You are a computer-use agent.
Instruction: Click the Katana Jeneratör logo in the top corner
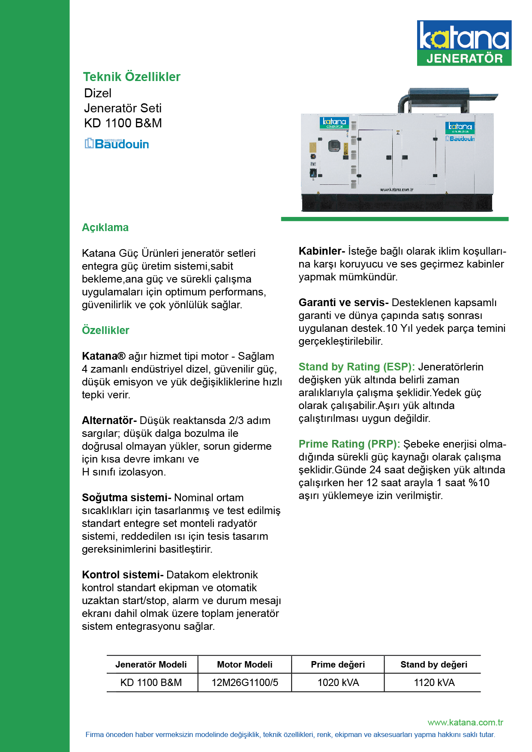coord(464,43)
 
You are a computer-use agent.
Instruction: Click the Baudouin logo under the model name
coord(117,144)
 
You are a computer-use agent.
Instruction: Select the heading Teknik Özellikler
coord(132,77)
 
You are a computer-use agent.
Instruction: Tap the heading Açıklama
coord(105,228)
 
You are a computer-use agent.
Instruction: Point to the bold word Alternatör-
coord(109,421)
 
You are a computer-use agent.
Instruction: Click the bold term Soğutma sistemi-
coord(126,498)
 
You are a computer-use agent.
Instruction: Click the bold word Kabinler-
coord(322,251)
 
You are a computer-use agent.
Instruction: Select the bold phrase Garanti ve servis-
coord(343,303)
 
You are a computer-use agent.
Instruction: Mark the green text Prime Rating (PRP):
coord(349,444)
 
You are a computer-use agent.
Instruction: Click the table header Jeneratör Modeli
coord(151,665)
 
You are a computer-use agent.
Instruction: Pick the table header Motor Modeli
coord(244,665)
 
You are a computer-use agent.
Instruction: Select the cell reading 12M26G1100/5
coord(244,683)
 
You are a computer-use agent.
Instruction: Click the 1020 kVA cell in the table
coord(338,683)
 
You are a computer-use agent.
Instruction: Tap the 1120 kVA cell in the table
coord(434,683)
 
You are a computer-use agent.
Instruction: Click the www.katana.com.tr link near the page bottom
coord(465,722)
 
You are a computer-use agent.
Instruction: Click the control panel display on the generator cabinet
coord(334,146)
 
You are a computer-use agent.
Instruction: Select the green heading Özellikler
coord(105,331)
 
